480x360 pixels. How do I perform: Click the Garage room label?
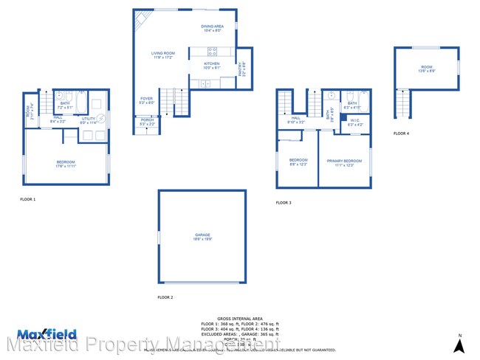(202, 237)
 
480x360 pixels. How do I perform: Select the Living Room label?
(162, 54)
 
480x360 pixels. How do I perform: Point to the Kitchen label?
(212, 64)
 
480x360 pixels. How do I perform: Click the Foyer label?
(147, 100)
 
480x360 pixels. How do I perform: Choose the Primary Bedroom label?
(344, 162)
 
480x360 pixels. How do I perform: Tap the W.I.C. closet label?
(355, 123)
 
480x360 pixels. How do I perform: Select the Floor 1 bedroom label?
(66, 163)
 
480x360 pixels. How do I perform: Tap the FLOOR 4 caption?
(400, 134)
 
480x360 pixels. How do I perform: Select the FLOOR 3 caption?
(284, 202)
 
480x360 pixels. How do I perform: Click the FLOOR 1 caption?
(27, 199)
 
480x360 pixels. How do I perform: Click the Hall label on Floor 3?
(295, 119)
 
